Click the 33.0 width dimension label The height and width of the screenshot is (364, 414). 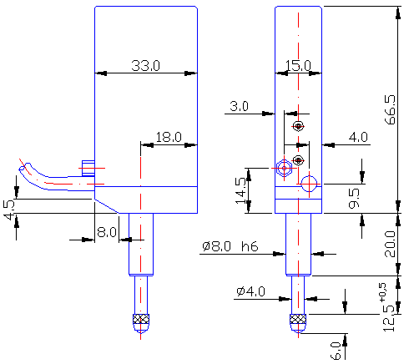(145, 66)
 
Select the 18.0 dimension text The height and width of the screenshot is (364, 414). (169, 137)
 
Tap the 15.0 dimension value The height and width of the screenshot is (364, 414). (298, 66)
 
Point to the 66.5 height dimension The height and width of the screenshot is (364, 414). (390, 109)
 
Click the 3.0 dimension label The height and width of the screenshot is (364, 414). (239, 106)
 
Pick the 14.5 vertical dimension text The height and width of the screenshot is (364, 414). (241, 191)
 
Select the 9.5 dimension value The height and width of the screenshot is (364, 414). (354, 198)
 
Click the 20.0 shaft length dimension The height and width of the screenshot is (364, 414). (390, 244)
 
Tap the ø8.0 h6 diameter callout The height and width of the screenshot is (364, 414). (230, 246)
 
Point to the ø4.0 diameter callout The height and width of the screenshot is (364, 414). (250, 291)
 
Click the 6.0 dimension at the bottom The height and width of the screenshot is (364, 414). (336, 351)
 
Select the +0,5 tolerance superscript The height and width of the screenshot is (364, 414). (382, 292)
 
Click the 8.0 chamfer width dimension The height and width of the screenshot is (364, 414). (107, 232)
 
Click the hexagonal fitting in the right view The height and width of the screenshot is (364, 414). (284, 168)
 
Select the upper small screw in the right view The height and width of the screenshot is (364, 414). (298, 126)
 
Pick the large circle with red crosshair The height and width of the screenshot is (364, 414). (309, 184)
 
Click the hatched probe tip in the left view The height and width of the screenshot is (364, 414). (141, 319)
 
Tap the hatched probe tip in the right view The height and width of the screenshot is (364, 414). (298, 319)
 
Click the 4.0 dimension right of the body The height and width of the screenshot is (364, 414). (358, 137)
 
